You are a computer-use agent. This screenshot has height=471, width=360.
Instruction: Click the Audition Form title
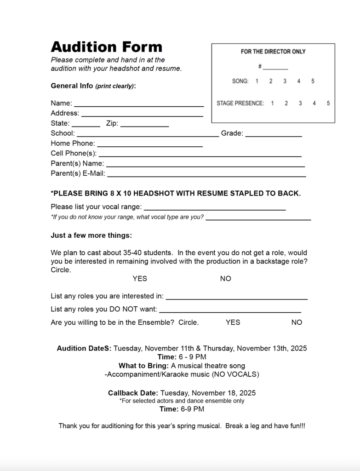pyautogui.click(x=106, y=47)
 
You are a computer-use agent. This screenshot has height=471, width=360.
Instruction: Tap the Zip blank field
pyautogui.click(x=144, y=125)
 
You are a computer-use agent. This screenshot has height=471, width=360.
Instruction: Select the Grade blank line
pyautogui.click(x=274, y=135)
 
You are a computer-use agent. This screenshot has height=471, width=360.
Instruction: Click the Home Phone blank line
pyautogui.click(x=150, y=145)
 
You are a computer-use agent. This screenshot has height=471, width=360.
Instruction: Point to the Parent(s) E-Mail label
pyautogui.click(x=78, y=173)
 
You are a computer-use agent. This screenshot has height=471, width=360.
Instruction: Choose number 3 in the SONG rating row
pyautogui.click(x=285, y=81)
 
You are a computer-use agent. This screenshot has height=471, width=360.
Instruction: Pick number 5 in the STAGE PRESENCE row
pyautogui.click(x=328, y=103)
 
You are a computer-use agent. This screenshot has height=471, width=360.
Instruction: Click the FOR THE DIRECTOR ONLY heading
pyautogui.click(x=273, y=52)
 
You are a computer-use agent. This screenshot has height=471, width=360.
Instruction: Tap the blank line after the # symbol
pyautogui.click(x=275, y=68)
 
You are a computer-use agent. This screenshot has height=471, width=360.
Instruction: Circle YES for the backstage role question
pyautogui.click(x=140, y=279)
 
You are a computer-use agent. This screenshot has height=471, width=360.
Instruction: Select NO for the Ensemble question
pyautogui.click(x=297, y=322)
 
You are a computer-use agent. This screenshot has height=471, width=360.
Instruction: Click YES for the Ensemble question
pyautogui.click(x=233, y=322)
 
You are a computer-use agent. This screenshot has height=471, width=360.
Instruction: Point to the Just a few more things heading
pyautogui.click(x=91, y=235)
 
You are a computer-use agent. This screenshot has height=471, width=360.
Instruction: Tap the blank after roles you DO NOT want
pyautogui.click(x=230, y=311)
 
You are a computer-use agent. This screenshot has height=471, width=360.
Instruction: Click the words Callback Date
pyautogui.click(x=133, y=393)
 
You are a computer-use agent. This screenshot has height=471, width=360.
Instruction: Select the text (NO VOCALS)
pyautogui.click(x=235, y=374)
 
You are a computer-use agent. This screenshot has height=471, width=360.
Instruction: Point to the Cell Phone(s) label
pyautogui.click(x=74, y=153)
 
